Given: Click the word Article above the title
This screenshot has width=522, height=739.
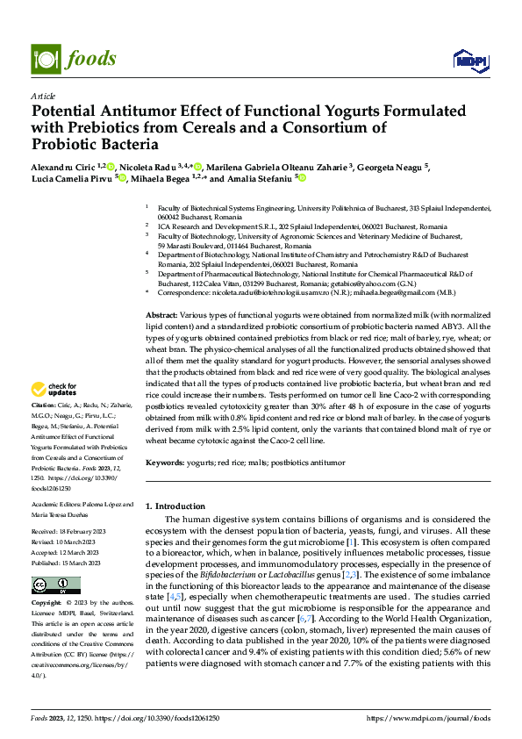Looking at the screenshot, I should click(43, 96).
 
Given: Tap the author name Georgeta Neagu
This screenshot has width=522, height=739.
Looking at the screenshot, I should click(391, 166).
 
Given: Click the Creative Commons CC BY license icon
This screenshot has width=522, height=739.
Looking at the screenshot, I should click(55, 585).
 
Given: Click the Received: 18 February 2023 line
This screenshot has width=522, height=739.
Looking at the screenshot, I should click(73, 533).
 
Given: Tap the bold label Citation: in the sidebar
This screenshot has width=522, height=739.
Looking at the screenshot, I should click(45, 405).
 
